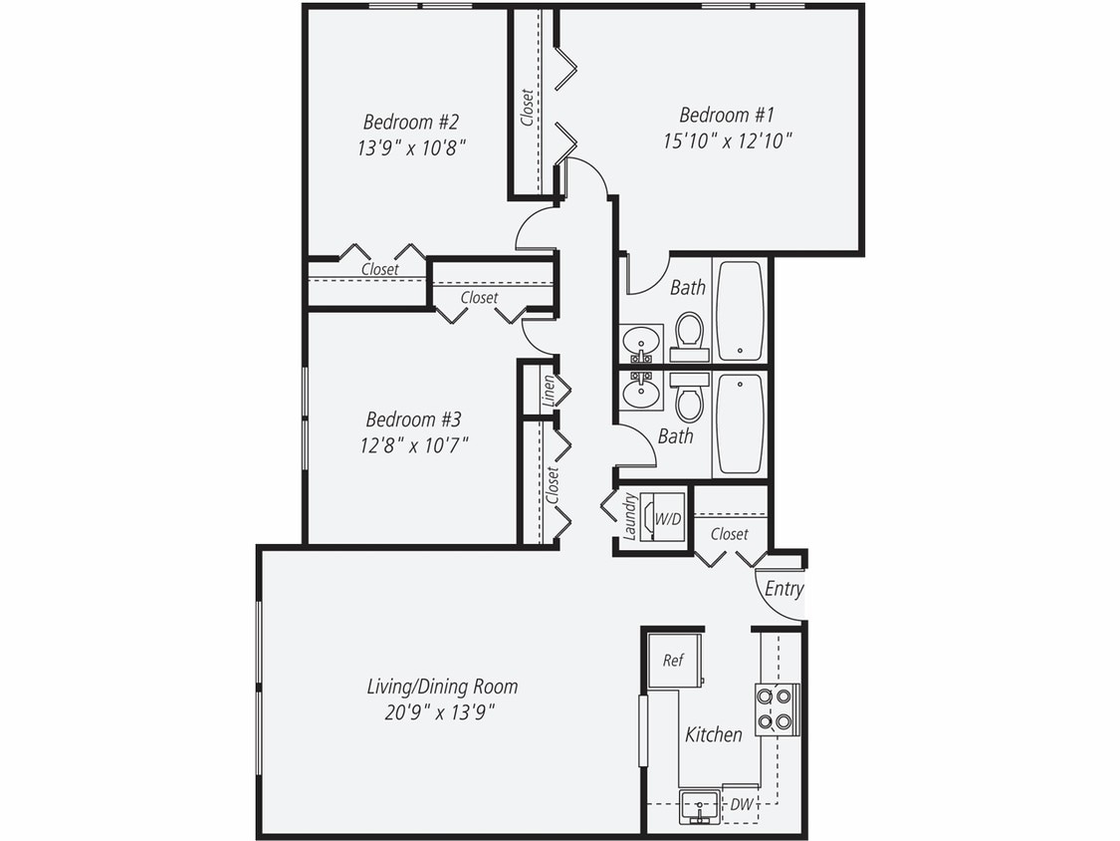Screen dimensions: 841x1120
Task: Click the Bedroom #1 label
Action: point(727,114)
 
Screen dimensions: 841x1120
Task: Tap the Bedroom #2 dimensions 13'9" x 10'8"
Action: point(411,147)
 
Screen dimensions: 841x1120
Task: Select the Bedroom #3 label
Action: point(413,420)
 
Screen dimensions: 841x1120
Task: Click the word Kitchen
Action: point(714,734)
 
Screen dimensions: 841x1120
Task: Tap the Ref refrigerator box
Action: point(673,660)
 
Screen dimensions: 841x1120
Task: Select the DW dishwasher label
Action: point(741,804)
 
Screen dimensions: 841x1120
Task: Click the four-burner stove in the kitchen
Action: point(775,708)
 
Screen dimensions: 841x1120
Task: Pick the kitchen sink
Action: point(701,804)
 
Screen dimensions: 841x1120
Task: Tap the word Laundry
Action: point(629,517)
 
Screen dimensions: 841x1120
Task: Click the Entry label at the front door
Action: point(784,589)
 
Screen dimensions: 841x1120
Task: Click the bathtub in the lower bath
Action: point(740,424)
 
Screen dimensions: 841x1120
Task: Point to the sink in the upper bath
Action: point(640,343)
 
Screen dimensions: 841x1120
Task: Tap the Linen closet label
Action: point(548,390)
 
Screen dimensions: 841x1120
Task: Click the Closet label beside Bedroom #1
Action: point(527,109)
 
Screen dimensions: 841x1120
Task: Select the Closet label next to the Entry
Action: point(729,534)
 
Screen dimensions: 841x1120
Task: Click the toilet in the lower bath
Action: point(689,402)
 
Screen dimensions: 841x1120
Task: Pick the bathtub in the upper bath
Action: point(740,310)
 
